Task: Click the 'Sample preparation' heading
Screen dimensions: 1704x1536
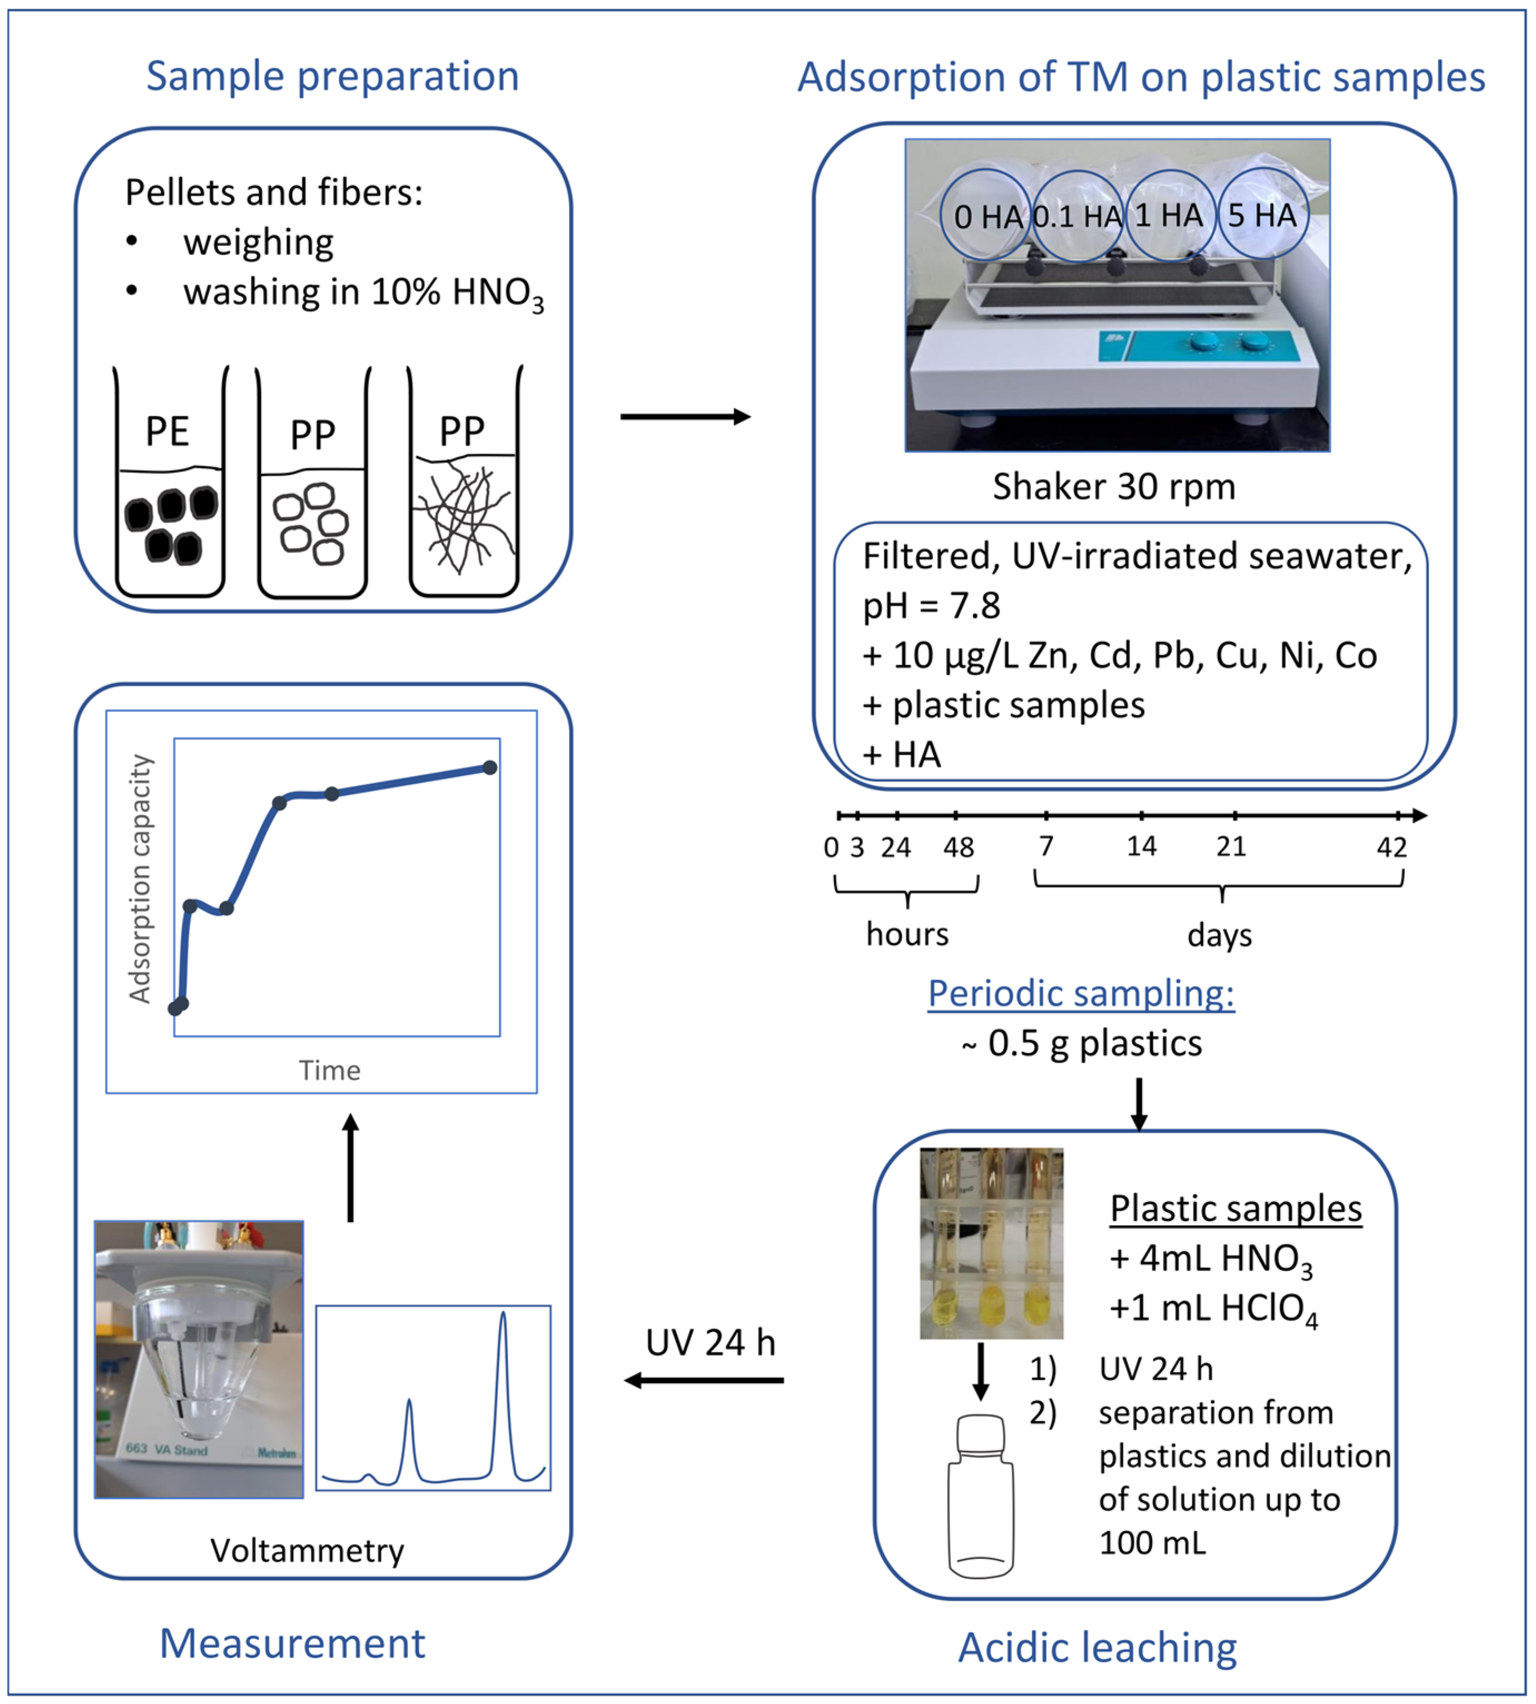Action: [x=333, y=77]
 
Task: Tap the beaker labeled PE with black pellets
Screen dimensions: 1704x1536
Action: [x=170, y=489]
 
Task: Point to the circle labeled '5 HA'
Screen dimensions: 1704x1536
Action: [x=1262, y=215]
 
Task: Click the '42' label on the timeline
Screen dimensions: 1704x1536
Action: [x=1391, y=846]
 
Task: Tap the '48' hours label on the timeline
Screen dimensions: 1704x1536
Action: [x=958, y=846]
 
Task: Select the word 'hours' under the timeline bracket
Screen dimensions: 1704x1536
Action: [x=907, y=934]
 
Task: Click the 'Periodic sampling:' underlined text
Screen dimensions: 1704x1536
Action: [x=1081, y=993]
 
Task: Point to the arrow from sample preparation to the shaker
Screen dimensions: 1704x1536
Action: [x=685, y=417]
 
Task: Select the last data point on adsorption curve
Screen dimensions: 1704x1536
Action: [x=489, y=767]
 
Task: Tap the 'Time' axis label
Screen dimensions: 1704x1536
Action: [x=329, y=1070]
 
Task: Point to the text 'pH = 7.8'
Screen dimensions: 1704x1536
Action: [x=931, y=606]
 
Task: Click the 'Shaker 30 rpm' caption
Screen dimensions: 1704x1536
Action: [x=1113, y=487]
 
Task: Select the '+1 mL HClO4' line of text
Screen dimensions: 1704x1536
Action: [x=1213, y=1308]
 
